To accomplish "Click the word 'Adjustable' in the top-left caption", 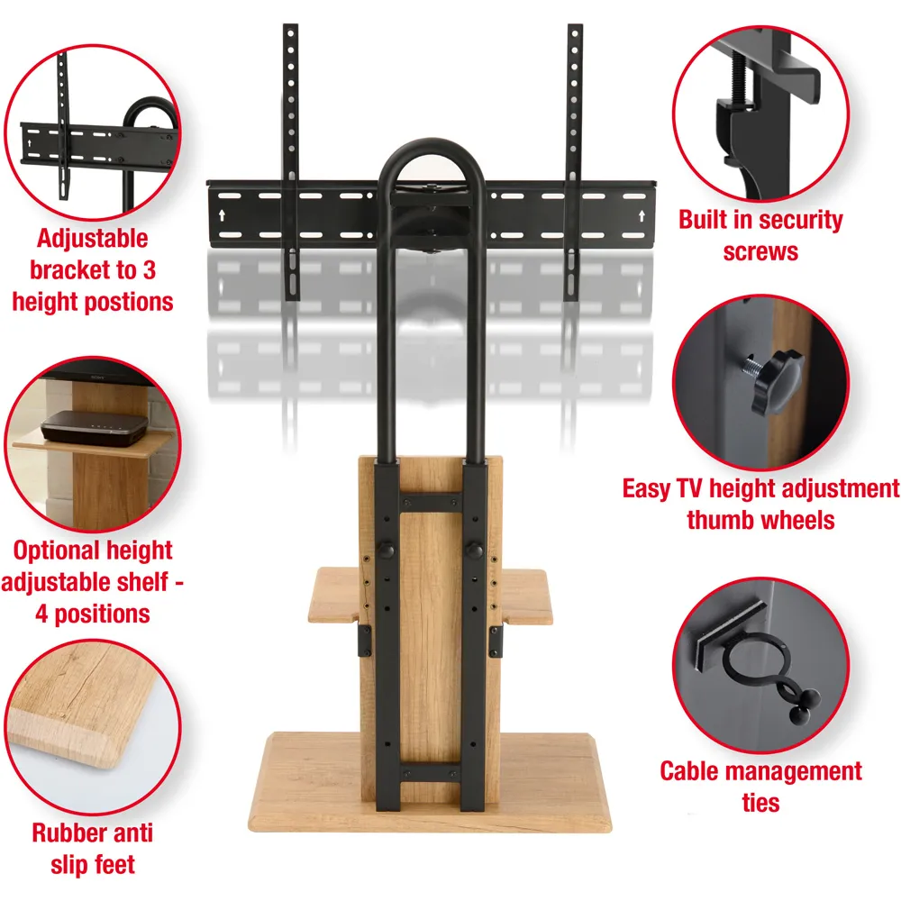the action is pyautogui.click(x=93, y=239).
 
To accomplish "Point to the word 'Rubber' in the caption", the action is pyautogui.click(x=63, y=833).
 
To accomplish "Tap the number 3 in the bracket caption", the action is pyautogui.click(x=150, y=270).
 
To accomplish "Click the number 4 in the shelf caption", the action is pyautogui.click(x=41, y=614).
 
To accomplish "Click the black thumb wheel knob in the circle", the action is pyautogui.click(x=776, y=381).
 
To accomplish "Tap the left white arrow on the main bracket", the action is pyautogui.click(x=223, y=215).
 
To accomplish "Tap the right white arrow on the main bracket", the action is pyautogui.click(x=642, y=215).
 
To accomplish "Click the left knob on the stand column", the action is pyautogui.click(x=387, y=551).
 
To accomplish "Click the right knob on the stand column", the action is pyautogui.click(x=474, y=551).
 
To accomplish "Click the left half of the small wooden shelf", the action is pyautogui.click(x=335, y=595).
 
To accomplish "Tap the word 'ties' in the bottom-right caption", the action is pyautogui.click(x=760, y=803).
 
